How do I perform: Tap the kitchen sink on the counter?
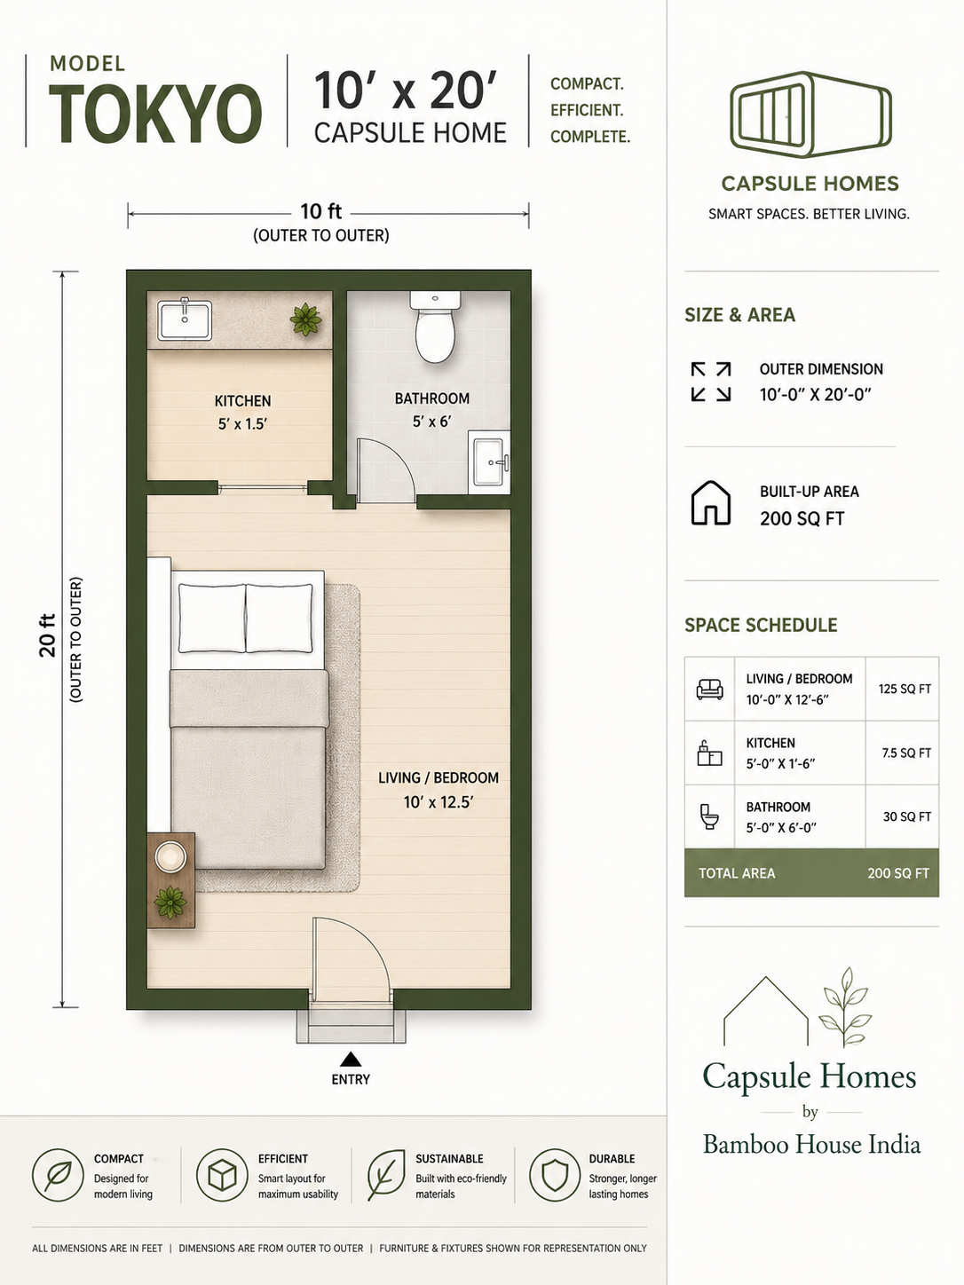point(185,319)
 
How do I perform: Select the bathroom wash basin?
point(489,461)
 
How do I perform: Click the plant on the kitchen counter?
point(305,319)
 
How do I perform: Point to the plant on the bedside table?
point(170,903)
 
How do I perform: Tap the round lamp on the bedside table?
point(170,857)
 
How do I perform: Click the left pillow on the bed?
point(212,618)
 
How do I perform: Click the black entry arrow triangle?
point(351,1059)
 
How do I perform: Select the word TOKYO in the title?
point(155,114)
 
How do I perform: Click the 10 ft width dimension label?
point(320,211)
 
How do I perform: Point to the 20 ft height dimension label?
point(47,635)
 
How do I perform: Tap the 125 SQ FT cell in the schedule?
point(905,689)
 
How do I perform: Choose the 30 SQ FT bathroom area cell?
point(906,816)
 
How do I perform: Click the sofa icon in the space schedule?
point(709,689)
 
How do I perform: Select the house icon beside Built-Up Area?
point(710,503)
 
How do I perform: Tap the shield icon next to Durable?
point(555,1175)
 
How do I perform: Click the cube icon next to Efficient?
point(223,1175)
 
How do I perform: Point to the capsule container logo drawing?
point(810,114)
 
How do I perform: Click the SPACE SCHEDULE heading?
point(761,626)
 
